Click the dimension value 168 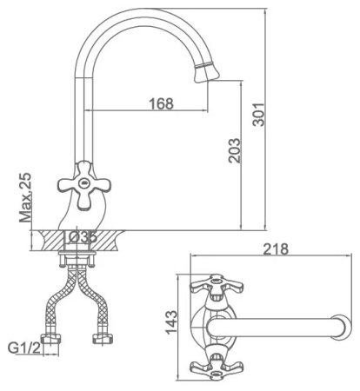(160, 103)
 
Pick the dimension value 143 (171, 321)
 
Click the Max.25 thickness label (24, 198)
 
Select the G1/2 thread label (26, 349)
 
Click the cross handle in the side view (83, 185)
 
